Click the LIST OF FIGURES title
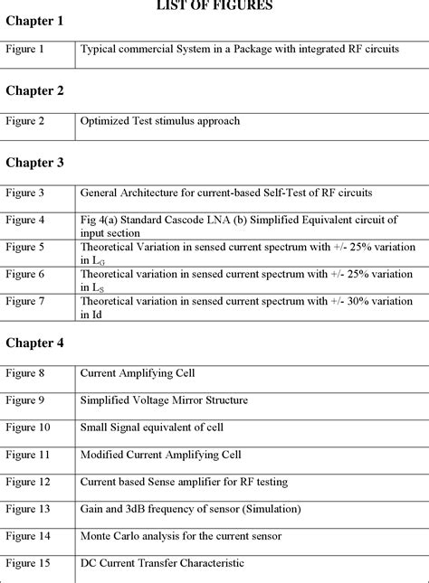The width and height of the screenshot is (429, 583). coord(214,5)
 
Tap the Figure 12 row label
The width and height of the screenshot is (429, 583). coord(28,482)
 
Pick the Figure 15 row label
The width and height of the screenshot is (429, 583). coord(28,563)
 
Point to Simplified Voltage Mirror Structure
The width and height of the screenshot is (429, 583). coord(164,400)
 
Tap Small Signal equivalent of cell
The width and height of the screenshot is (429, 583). coord(152,427)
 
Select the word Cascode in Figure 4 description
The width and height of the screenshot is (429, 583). coord(198,219)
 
